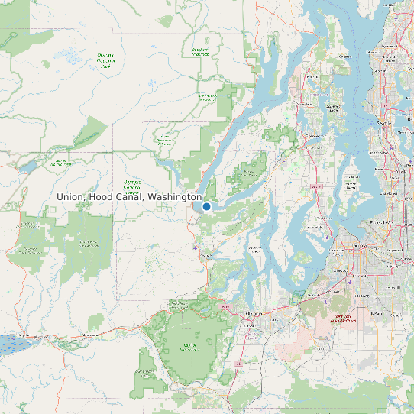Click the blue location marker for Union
point(206,206)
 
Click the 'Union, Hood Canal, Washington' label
point(129,197)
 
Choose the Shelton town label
point(205,257)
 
